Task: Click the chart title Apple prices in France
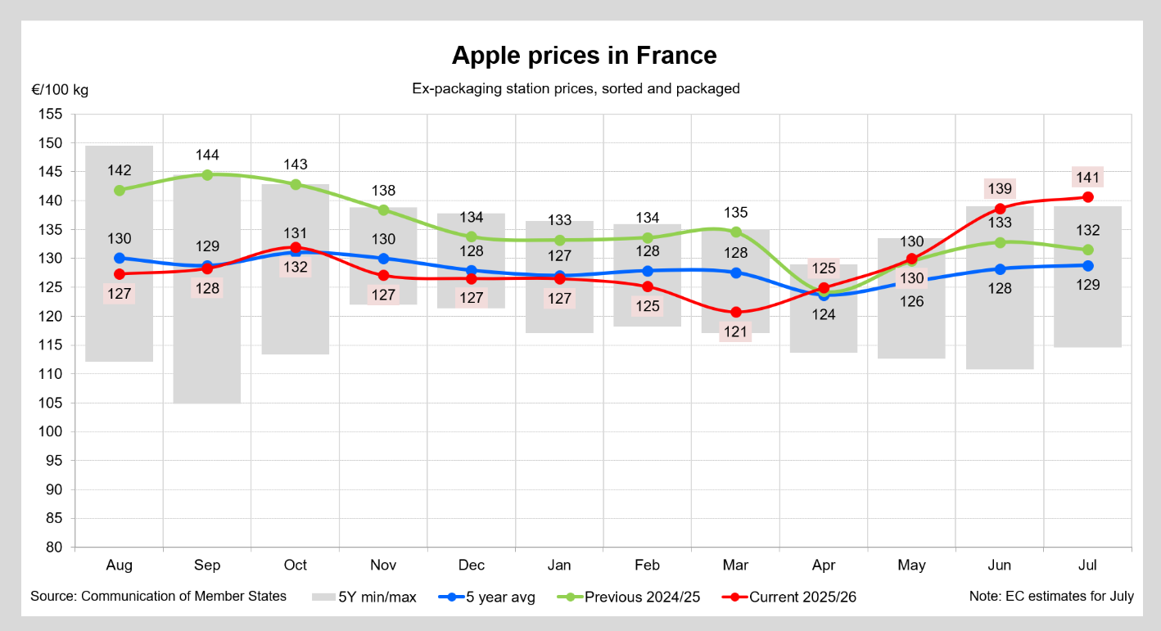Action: [x=584, y=56]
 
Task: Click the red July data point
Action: [x=1088, y=197]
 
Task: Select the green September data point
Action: [x=207, y=175]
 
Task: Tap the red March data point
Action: [x=735, y=313]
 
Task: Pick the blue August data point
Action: [x=120, y=258]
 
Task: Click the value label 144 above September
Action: [x=207, y=155]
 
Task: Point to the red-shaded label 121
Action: [x=735, y=332]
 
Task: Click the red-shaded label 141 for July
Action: [x=1088, y=178]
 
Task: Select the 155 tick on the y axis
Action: [x=50, y=114]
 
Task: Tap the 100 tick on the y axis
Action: [x=50, y=431]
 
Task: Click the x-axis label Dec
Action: [x=471, y=566]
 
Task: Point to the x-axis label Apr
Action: [x=824, y=566]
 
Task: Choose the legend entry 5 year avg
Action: [x=486, y=597]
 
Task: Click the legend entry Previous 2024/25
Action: [x=629, y=597]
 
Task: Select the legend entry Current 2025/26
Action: [x=788, y=597]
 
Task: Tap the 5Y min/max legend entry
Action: [x=364, y=597]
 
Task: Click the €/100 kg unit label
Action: [x=60, y=90]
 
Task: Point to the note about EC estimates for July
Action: [x=1051, y=597]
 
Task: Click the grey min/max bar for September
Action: [x=207, y=290]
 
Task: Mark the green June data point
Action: [x=1000, y=242]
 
